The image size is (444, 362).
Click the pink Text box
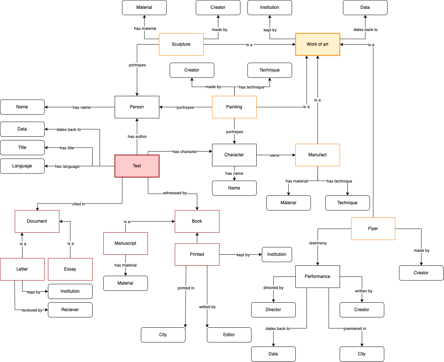pyautogui.click(x=137, y=166)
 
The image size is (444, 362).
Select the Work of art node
pyautogui.click(x=318, y=44)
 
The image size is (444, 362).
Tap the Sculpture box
pyautogui.click(x=181, y=44)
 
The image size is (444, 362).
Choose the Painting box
pyautogui.click(x=234, y=107)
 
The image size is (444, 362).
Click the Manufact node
pyautogui.click(x=318, y=155)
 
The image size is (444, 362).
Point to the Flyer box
pyautogui.click(x=373, y=229)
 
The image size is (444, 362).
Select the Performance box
pyautogui.click(x=318, y=276)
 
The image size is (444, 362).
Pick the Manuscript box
pyautogui.click(x=125, y=243)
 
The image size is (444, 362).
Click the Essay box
pyautogui.click(x=70, y=269)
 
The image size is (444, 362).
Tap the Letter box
pyautogui.click(x=22, y=269)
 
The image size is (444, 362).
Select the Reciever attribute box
pyautogui.click(x=70, y=310)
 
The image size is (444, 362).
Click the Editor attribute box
pyautogui.click(x=229, y=335)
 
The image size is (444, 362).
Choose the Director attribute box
pyautogui.click(x=273, y=310)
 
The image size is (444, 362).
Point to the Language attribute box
pyautogui.click(x=22, y=166)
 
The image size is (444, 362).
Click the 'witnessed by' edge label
pyautogui.click(x=175, y=193)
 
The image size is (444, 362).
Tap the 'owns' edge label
pyautogui.click(x=274, y=155)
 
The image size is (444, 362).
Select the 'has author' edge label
pyautogui.click(x=137, y=136)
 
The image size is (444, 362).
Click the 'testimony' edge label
pyautogui.click(x=318, y=243)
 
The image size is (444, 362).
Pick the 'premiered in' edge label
pyautogui.click(x=355, y=328)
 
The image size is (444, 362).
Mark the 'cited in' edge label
pyautogui.click(x=79, y=204)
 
